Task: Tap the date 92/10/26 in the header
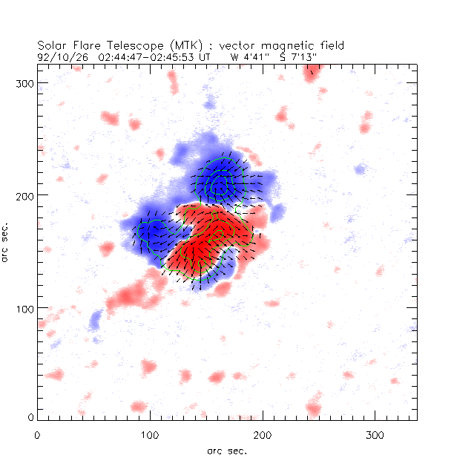(x=62, y=56)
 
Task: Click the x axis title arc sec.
(x=227, y=450)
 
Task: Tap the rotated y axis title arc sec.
(x=7, y=241)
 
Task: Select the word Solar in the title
(x=51, y=45)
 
